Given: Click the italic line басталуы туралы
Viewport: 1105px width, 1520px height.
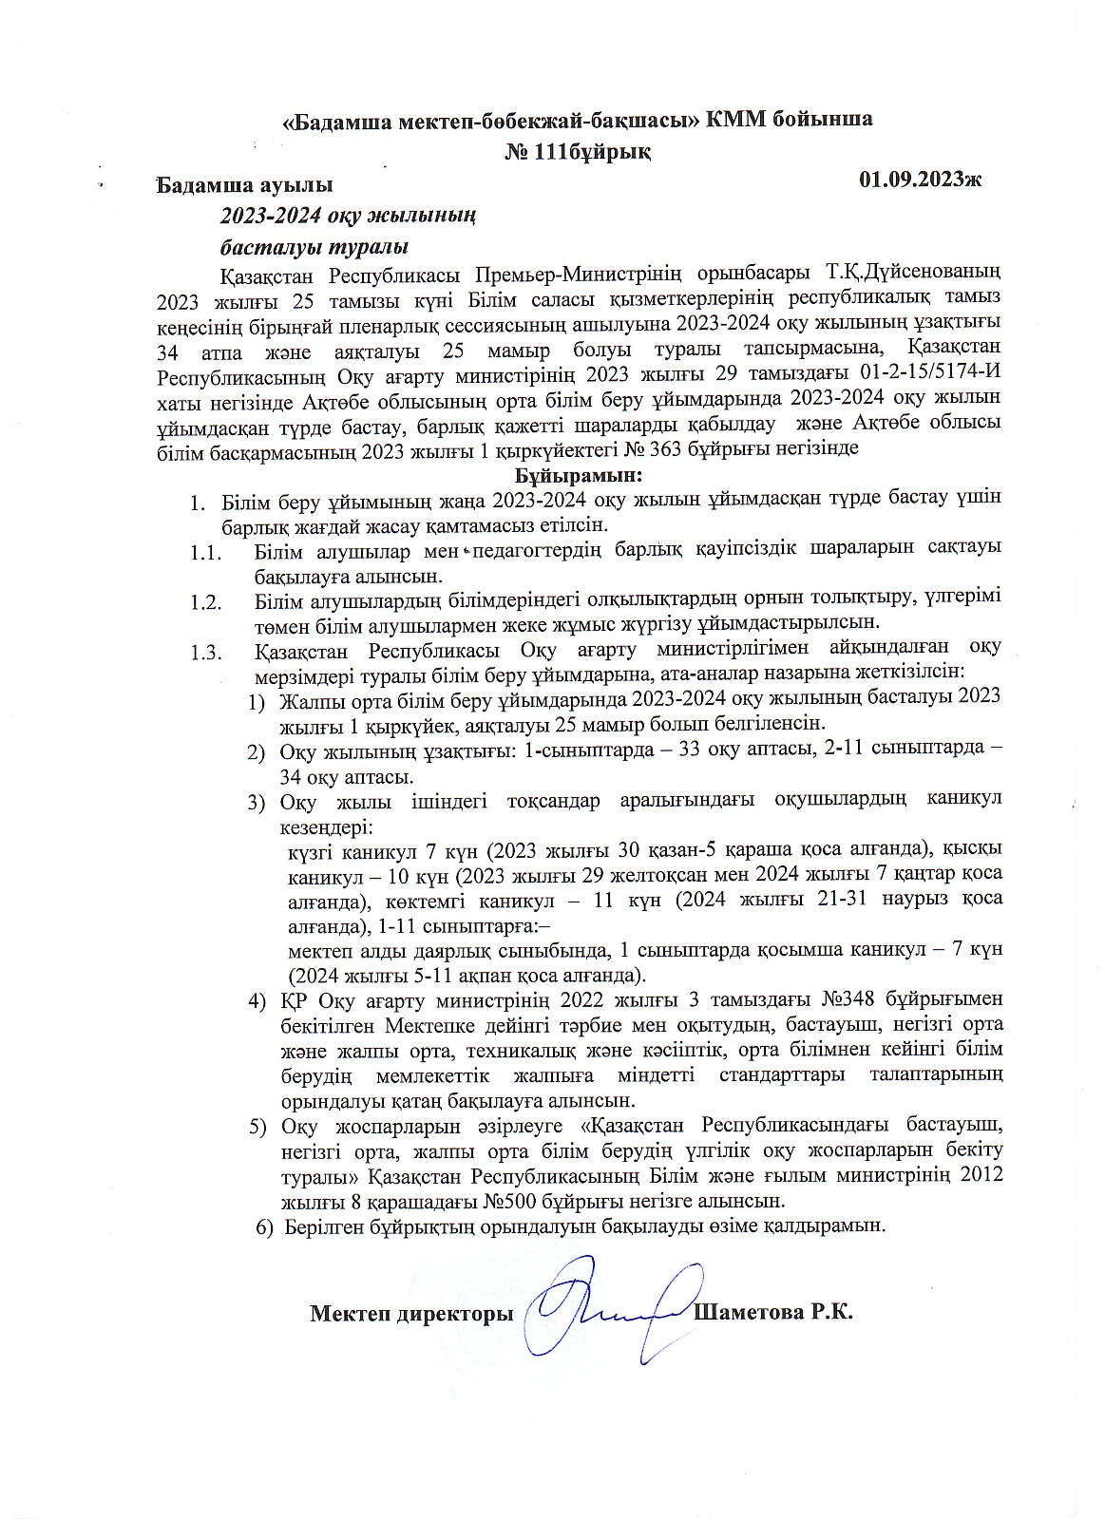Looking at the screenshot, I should (x=314, y=247).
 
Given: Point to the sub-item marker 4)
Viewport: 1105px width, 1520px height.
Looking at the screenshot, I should (x=257, y=1001).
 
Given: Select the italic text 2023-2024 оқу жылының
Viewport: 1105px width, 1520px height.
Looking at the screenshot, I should (x=349, y=216).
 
